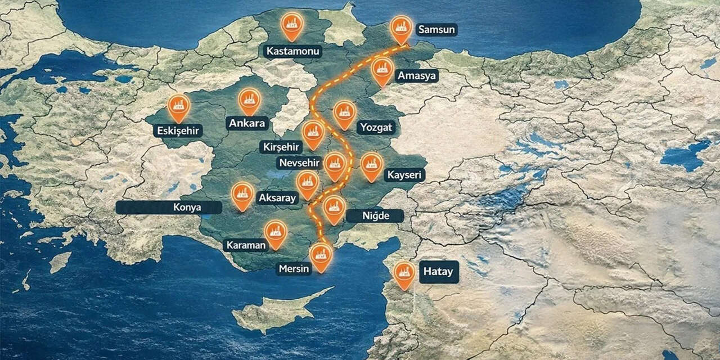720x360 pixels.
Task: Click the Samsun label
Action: [x=436, y=30]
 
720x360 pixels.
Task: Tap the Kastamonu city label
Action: [x=292, y=52]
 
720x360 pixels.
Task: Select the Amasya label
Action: [x=417, y=76]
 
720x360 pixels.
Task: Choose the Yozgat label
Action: [x=376, y=128]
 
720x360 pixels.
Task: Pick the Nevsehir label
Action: [x=299, y=163]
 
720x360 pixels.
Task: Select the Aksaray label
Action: [x=277, y=198]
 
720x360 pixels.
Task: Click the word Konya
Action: [x=187, y=208]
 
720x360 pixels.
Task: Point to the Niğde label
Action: [x=375, y=216]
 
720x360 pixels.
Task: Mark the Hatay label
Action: [x=438, y=272]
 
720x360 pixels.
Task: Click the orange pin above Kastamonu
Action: [x=292, y=25]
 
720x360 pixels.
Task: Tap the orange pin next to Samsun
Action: [x=401, y=28]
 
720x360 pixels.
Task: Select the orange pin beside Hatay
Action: [x=404, y=274]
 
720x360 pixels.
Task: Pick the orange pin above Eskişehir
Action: [x=178, y=106]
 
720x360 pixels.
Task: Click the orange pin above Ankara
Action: [x=249, y=100]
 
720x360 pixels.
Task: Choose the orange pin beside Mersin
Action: [x=321, y=256]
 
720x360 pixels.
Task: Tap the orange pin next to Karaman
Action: [x=276, y=233]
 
